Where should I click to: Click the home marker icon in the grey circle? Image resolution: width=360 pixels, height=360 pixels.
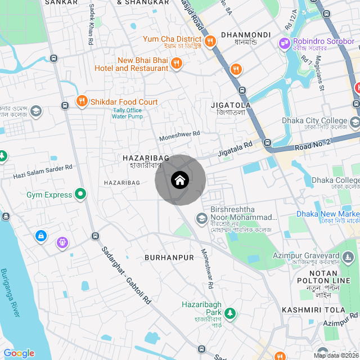point(179,180)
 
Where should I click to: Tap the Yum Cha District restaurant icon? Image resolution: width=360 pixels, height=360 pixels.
point(210,40)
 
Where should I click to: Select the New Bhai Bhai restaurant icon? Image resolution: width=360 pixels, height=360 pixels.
point(176,63)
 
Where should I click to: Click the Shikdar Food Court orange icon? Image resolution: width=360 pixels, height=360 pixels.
point(82,101)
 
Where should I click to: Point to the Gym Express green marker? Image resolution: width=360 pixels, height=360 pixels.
point(80,195)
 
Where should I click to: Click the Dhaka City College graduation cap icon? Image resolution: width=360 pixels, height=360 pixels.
point(354,122)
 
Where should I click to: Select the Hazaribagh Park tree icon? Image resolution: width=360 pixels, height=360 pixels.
point(230,312)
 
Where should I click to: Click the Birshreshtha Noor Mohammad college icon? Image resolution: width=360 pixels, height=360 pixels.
point(201,218)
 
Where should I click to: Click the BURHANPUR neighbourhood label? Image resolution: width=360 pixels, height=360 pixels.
point(169,258)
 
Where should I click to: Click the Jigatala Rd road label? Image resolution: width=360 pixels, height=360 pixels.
point(235,150)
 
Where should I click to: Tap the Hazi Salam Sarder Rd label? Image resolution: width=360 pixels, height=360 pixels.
point(43,172)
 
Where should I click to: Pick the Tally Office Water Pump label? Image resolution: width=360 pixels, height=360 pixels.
point(127,114)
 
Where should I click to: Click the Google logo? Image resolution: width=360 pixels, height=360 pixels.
point(19,353)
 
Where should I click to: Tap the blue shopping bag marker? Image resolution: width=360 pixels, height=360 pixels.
point(41,236)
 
